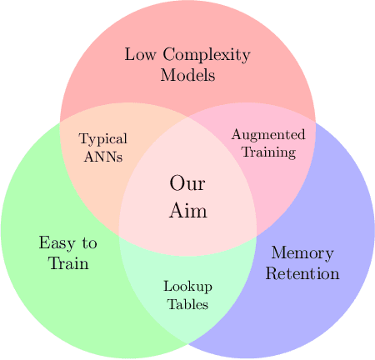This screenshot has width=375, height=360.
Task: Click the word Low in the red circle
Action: point(139,56)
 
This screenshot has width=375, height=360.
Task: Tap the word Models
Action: point(187,75)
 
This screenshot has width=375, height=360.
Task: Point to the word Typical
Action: point(101,138)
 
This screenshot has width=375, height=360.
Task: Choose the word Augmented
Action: point(268,135)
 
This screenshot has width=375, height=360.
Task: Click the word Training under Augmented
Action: point(268,152)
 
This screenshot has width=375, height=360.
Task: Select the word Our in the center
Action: point(187,184)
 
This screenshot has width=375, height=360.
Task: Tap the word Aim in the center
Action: point(187,211)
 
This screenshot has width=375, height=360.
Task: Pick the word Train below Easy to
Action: point(68,263)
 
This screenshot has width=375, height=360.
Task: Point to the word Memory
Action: point(302,253)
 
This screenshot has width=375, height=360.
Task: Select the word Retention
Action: point(302,273)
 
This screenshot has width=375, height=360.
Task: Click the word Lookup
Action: point(187,287)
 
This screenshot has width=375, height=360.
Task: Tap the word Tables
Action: point(187,303)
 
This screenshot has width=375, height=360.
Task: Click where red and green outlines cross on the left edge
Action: point(61,122)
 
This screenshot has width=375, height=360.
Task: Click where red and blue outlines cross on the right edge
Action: point(315,122)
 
